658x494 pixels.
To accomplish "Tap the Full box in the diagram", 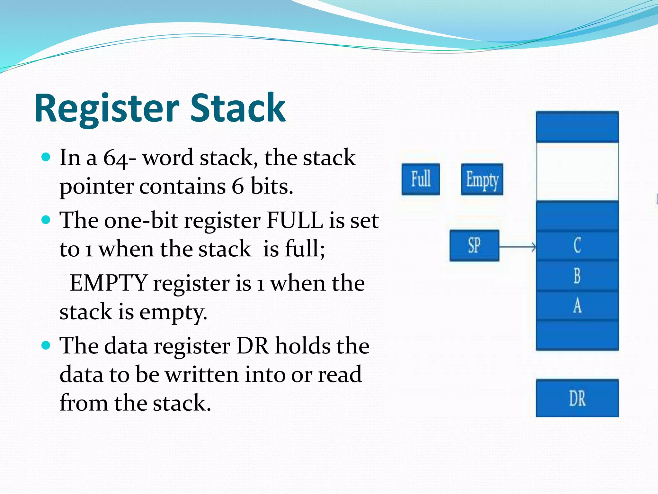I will click(421, 179).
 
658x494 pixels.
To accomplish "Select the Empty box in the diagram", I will click(482, 179).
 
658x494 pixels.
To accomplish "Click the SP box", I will click(474, 245).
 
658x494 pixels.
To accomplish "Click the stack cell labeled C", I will click(577, 245).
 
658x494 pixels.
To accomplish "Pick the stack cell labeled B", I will click(577, 276).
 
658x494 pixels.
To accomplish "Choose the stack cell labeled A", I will click(577, 306).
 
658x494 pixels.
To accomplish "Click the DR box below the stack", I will click(577, 398).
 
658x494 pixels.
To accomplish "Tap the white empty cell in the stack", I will click(577, 172).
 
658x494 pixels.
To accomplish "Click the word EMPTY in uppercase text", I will click(109, 283).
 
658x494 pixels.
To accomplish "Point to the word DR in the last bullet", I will click(253, 346).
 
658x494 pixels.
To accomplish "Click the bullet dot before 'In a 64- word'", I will click(46, 157).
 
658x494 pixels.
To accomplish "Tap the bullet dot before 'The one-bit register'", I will click(46, 220).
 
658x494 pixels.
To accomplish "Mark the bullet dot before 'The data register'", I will click(46, 345).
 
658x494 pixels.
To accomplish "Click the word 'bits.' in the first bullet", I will click(272, 186).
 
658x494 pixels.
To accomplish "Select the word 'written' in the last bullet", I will click(202, 374).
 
